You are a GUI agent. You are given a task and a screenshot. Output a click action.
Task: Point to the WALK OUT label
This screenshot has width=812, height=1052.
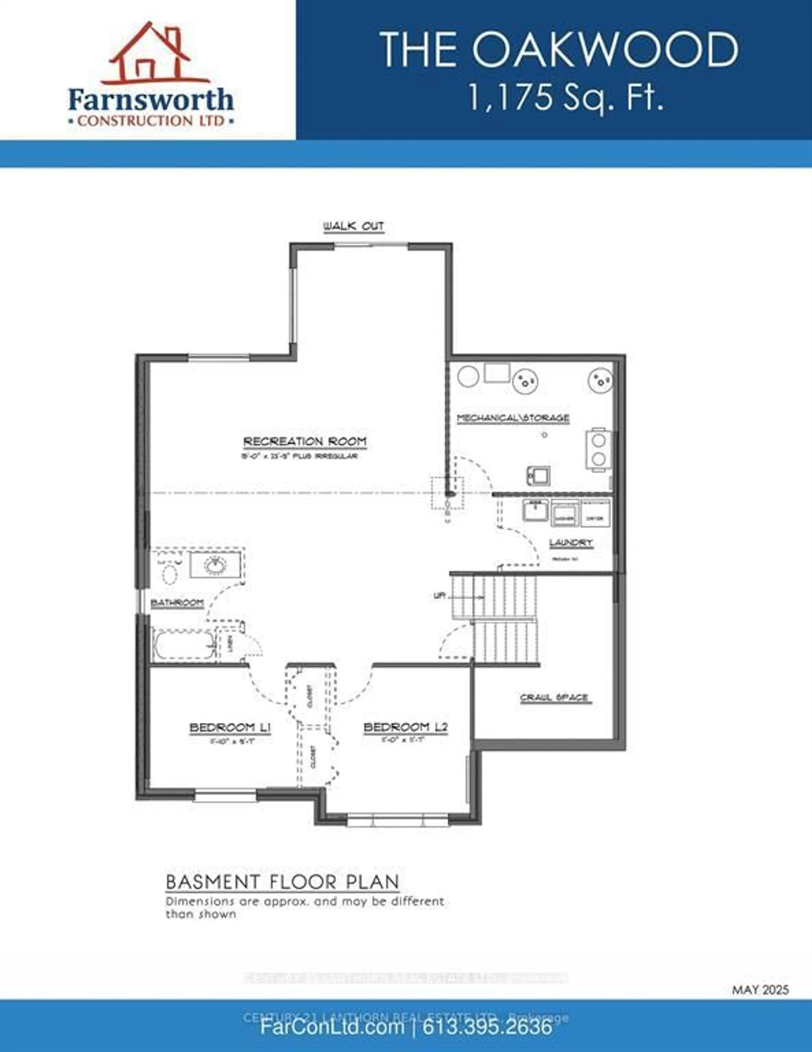[354, 226]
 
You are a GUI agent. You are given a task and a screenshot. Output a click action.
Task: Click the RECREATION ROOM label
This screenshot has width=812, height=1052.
[305, 441]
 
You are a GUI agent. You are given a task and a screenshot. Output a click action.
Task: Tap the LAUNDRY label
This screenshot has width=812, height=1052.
[571, 543]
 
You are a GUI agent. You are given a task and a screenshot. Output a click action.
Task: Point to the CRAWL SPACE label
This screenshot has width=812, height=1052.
[554, 697]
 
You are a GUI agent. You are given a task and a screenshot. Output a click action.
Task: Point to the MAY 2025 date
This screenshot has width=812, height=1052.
[760, 990]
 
